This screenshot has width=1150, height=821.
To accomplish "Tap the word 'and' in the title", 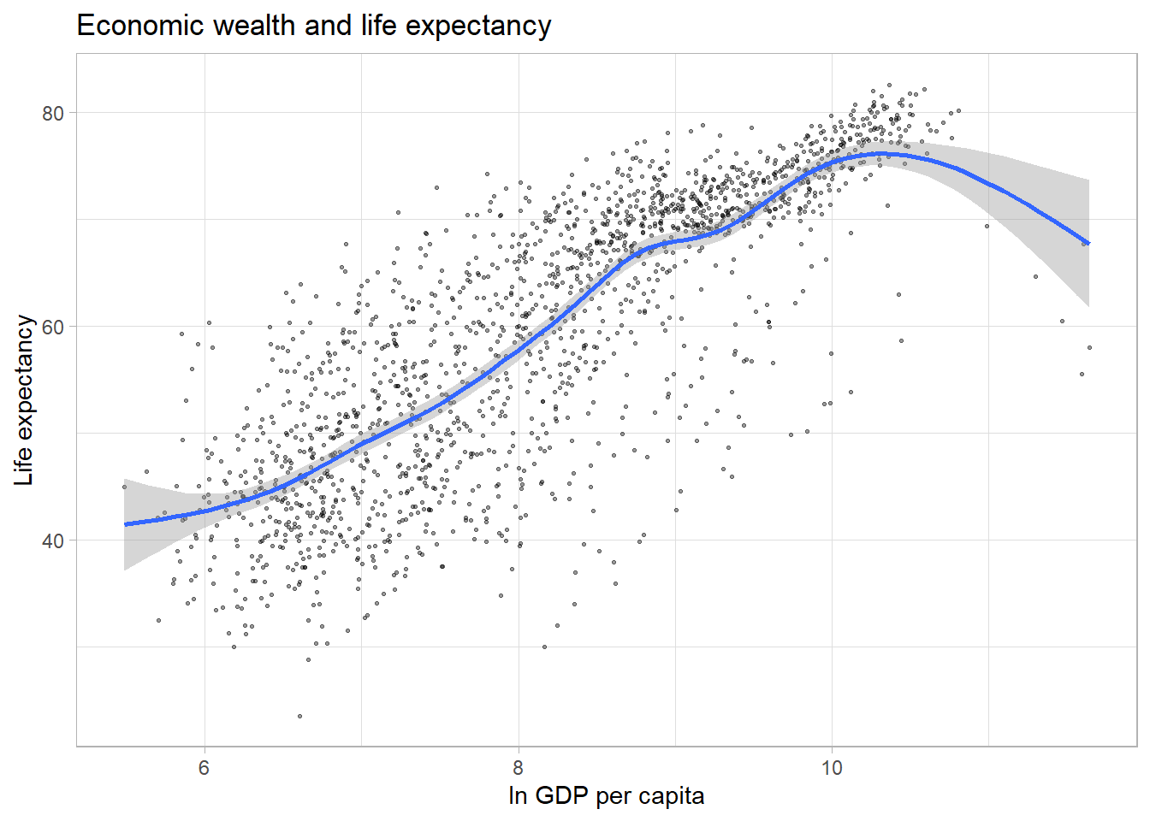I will point(328,26).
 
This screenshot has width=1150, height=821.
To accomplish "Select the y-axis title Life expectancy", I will point(24,400).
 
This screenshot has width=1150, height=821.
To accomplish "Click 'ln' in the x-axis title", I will point(517,796).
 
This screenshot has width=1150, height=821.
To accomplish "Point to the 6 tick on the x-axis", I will point(204,768).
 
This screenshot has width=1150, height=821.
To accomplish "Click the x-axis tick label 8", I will point(518,768).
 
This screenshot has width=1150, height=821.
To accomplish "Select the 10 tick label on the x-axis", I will point(832,768).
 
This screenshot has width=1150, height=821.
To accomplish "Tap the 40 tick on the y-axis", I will point(53,541).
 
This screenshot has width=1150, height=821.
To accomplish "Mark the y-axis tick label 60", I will point(53,327).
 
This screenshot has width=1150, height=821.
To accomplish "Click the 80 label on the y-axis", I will point(53,113).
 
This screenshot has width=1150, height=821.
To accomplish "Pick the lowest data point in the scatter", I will point(299,716).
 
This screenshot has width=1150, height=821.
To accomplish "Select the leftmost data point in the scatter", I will point(124,487).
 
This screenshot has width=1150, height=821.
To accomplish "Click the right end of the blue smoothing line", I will point(1088,244).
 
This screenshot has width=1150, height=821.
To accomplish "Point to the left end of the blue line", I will point(125,524).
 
